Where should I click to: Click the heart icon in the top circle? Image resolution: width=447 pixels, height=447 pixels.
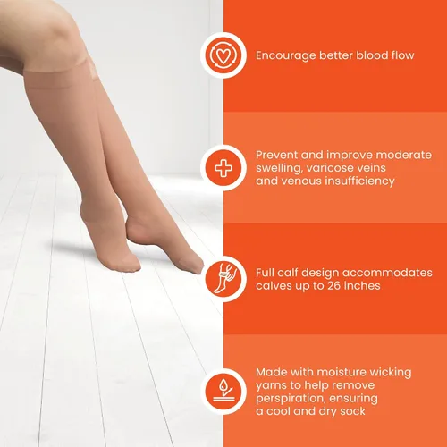223,55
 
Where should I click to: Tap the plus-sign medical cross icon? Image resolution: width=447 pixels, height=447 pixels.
223,168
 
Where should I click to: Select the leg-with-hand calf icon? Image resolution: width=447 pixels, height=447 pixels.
223,278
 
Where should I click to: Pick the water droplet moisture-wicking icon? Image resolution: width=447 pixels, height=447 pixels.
223,392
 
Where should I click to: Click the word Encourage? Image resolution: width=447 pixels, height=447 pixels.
286,55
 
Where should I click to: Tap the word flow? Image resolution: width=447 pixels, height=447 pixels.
403,55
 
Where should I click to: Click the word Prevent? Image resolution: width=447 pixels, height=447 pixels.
276,155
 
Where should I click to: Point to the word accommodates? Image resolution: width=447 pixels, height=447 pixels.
387,273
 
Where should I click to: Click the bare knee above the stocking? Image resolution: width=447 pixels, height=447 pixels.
56,33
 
